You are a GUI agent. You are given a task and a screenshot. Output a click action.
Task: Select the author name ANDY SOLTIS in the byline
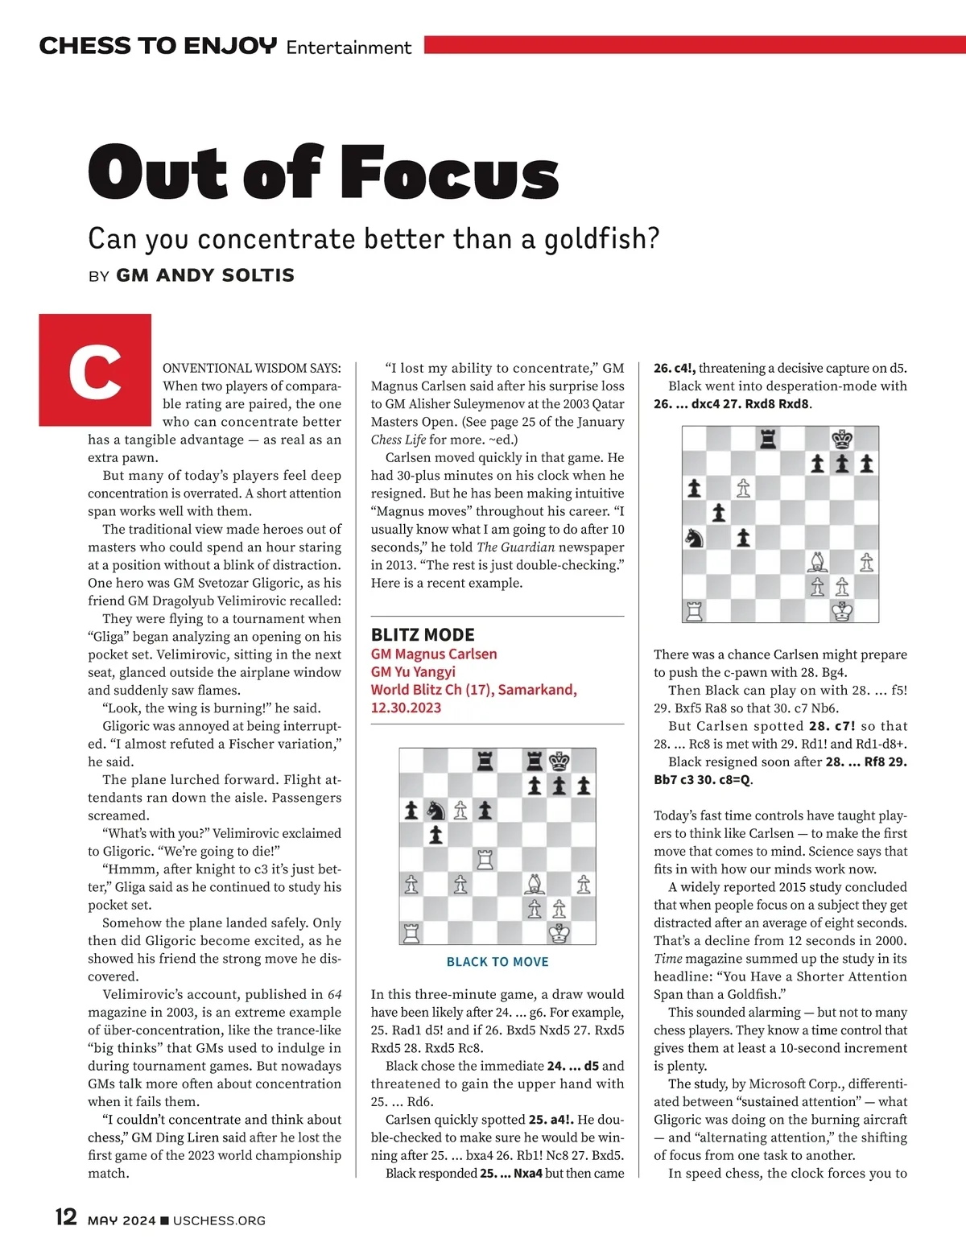(x=205, y=275)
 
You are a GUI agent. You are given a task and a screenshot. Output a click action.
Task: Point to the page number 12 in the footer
(x=66, y=1216)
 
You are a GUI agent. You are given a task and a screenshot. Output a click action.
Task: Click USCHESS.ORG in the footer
(x=219, y=1220)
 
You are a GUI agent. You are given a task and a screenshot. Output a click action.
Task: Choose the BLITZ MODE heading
(x=423, y=634)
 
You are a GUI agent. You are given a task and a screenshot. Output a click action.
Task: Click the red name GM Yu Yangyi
(x=413, y=671)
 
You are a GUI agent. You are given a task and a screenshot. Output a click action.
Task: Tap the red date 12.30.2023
(x=406, y=708)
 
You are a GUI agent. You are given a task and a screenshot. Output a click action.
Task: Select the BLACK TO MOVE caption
(x=497, y=962)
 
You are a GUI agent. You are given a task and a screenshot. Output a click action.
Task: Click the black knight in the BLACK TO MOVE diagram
(x=436, y=810)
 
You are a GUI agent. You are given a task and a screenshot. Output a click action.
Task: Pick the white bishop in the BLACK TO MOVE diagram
(x=534, y=884)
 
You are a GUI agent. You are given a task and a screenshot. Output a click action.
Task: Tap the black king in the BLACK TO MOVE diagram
(x=559, y=761)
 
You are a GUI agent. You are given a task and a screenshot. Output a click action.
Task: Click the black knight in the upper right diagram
(x=694, y=537)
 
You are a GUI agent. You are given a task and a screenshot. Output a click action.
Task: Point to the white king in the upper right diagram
(x=842, y=611)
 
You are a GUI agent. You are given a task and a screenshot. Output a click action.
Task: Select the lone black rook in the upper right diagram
(x=768, y=439)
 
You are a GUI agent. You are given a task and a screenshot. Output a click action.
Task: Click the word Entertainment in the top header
(x=349, y=47)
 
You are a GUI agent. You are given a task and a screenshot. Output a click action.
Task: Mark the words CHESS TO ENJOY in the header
(x=158, y=46)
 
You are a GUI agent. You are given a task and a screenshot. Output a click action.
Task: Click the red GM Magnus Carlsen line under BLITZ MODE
(x=434, y=654)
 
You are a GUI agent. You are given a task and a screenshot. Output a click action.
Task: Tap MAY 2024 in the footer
(x=122, y=1220)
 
